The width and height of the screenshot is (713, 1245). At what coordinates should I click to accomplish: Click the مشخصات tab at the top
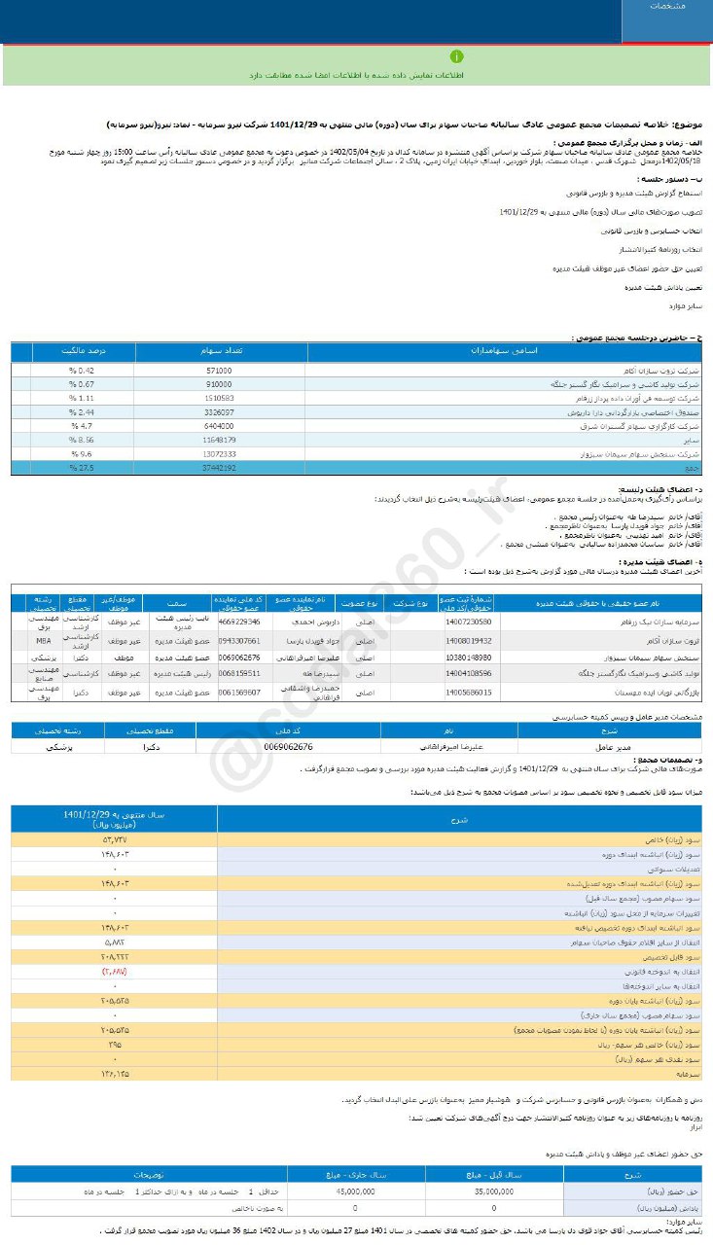pos(667,7)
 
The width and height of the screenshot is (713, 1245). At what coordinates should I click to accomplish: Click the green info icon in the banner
pos(456,57)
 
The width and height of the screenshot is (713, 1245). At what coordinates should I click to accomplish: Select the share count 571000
pos(220,371)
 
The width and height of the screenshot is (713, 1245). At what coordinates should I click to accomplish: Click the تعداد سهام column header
pos(219,349)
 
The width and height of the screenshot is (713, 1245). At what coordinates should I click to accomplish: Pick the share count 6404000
pos(220,426)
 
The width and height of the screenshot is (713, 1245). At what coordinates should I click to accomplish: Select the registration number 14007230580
pos(470,621)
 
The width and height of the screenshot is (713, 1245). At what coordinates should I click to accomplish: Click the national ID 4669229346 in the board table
pos(240,621)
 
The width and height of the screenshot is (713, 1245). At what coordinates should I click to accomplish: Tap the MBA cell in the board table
pos(43,642)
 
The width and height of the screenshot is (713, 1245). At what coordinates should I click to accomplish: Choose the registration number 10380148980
pos(470,658)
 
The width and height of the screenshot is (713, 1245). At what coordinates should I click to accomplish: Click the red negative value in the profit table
pos(114,972)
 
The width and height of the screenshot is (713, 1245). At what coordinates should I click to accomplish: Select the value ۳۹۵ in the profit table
pos(115,1043)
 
